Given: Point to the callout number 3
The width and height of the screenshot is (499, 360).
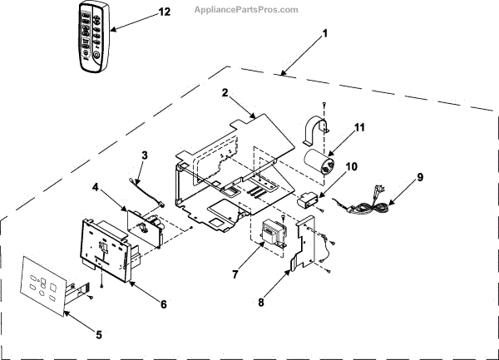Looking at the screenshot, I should (144, 155).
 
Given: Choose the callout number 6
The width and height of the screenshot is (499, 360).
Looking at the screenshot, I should (163, 304).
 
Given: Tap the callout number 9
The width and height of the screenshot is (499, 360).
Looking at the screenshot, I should (420, 176).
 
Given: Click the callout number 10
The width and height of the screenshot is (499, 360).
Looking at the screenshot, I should (352, 166).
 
